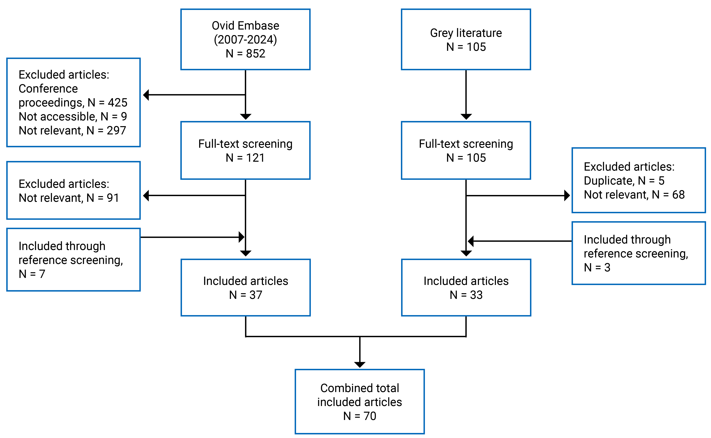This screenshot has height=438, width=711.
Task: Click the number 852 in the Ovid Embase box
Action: coord(256,54)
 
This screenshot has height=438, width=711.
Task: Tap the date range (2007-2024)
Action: coord(245,40)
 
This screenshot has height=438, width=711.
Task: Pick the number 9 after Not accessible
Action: coord(124,116)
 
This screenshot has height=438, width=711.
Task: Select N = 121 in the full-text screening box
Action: coord(245,158)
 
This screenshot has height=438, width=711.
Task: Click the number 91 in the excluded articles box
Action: coord(113,198)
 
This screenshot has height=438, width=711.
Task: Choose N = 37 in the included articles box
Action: coord(246,295)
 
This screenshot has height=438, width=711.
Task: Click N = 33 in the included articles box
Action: coord(466,295)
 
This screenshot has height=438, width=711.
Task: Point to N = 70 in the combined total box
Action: coord(360,416)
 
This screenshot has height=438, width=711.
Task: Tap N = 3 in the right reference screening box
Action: coord(597,267)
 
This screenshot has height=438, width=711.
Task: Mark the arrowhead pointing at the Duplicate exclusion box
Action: coord(567,195)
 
